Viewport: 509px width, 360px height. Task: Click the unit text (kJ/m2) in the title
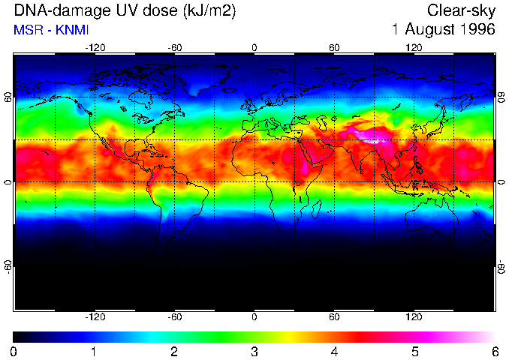point(196,11)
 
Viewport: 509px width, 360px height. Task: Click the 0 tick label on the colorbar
point(14,351)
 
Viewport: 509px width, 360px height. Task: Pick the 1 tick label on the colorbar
point(94,351)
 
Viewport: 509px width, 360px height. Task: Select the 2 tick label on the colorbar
point(174,351)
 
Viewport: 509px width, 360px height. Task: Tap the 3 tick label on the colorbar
point(254,351)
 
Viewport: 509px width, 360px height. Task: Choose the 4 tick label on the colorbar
point(334,351)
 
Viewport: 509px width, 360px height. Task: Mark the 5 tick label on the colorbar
point(414,351)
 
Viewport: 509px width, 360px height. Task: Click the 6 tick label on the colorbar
point(494,351)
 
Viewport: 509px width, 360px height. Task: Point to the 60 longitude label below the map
point(334,316)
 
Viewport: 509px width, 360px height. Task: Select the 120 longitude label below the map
point(414,316)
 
